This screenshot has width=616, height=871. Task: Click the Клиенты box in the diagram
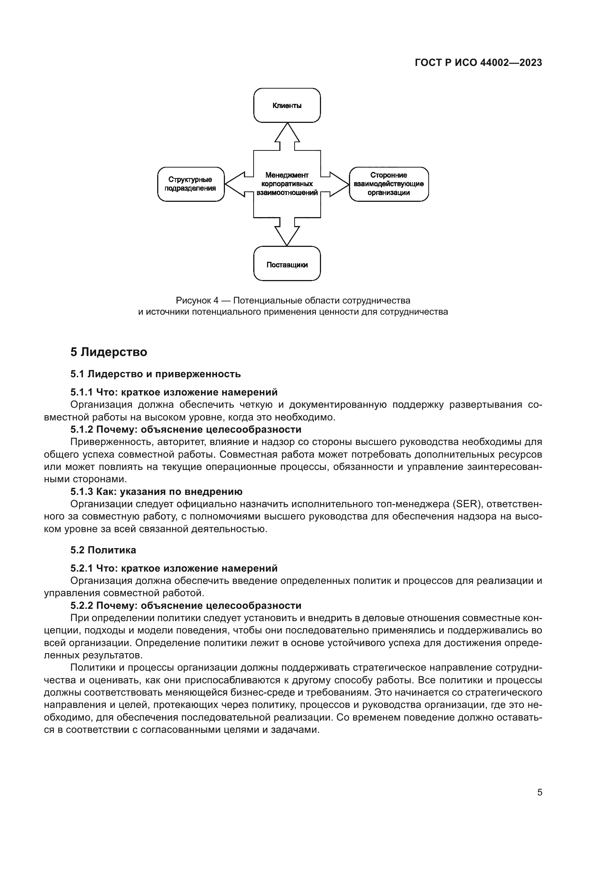[287, 105]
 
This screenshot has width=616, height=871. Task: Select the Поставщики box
[287, 265]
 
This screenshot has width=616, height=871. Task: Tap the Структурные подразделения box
[190, 184]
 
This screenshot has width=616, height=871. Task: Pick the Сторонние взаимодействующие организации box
[388, 184]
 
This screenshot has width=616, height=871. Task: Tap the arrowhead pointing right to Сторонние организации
[339, 184]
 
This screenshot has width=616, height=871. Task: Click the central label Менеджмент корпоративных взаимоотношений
[287, 184]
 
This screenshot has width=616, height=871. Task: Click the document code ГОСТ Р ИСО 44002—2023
[478, 63]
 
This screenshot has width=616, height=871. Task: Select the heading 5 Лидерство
[108, 352]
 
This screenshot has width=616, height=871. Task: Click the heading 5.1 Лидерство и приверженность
[155, 374]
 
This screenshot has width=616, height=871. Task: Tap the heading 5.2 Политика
[103, 550]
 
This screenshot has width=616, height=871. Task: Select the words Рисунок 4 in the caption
[197, 301]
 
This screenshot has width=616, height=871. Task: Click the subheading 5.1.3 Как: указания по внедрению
[156, 492]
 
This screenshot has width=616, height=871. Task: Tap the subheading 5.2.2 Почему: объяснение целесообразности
[186, 605]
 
